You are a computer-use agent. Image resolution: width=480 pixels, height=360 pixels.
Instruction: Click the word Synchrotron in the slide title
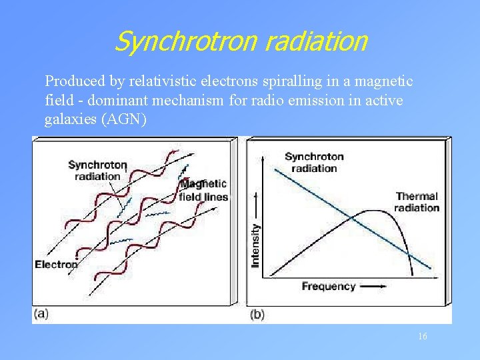pyautogui.click(x=186, y=41)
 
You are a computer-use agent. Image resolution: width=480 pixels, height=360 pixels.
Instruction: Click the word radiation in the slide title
pyautogui.click(x=315, y=41)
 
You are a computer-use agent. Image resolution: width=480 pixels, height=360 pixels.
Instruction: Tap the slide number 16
pyautogui.click(x=423, y=337)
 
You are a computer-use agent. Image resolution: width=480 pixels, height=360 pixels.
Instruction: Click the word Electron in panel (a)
pyautogui.click(x=56, y=265)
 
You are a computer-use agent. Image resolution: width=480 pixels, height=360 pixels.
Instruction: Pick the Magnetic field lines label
pyautogui.click(x=204, y=190)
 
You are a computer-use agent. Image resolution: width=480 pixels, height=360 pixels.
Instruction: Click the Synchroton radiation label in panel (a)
pyautogui.click(x=97, y=171)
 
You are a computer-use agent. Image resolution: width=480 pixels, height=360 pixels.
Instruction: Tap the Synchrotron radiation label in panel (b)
pyautogui.click(x=314, y=162)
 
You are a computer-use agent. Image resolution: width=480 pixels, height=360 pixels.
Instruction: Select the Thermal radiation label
pyautogui.click(x=417, y=201)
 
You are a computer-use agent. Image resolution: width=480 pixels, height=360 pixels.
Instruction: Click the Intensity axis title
pyautogui.click(x=256, y=245)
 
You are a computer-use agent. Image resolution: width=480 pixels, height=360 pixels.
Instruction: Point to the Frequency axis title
pyautogui.click(x=329, y=287)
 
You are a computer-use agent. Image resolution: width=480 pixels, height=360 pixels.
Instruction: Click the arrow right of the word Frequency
pyautogui.click(x=373, y=287)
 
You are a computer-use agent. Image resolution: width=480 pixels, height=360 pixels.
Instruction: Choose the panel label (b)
pyautogui.click(x=257, y=314)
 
